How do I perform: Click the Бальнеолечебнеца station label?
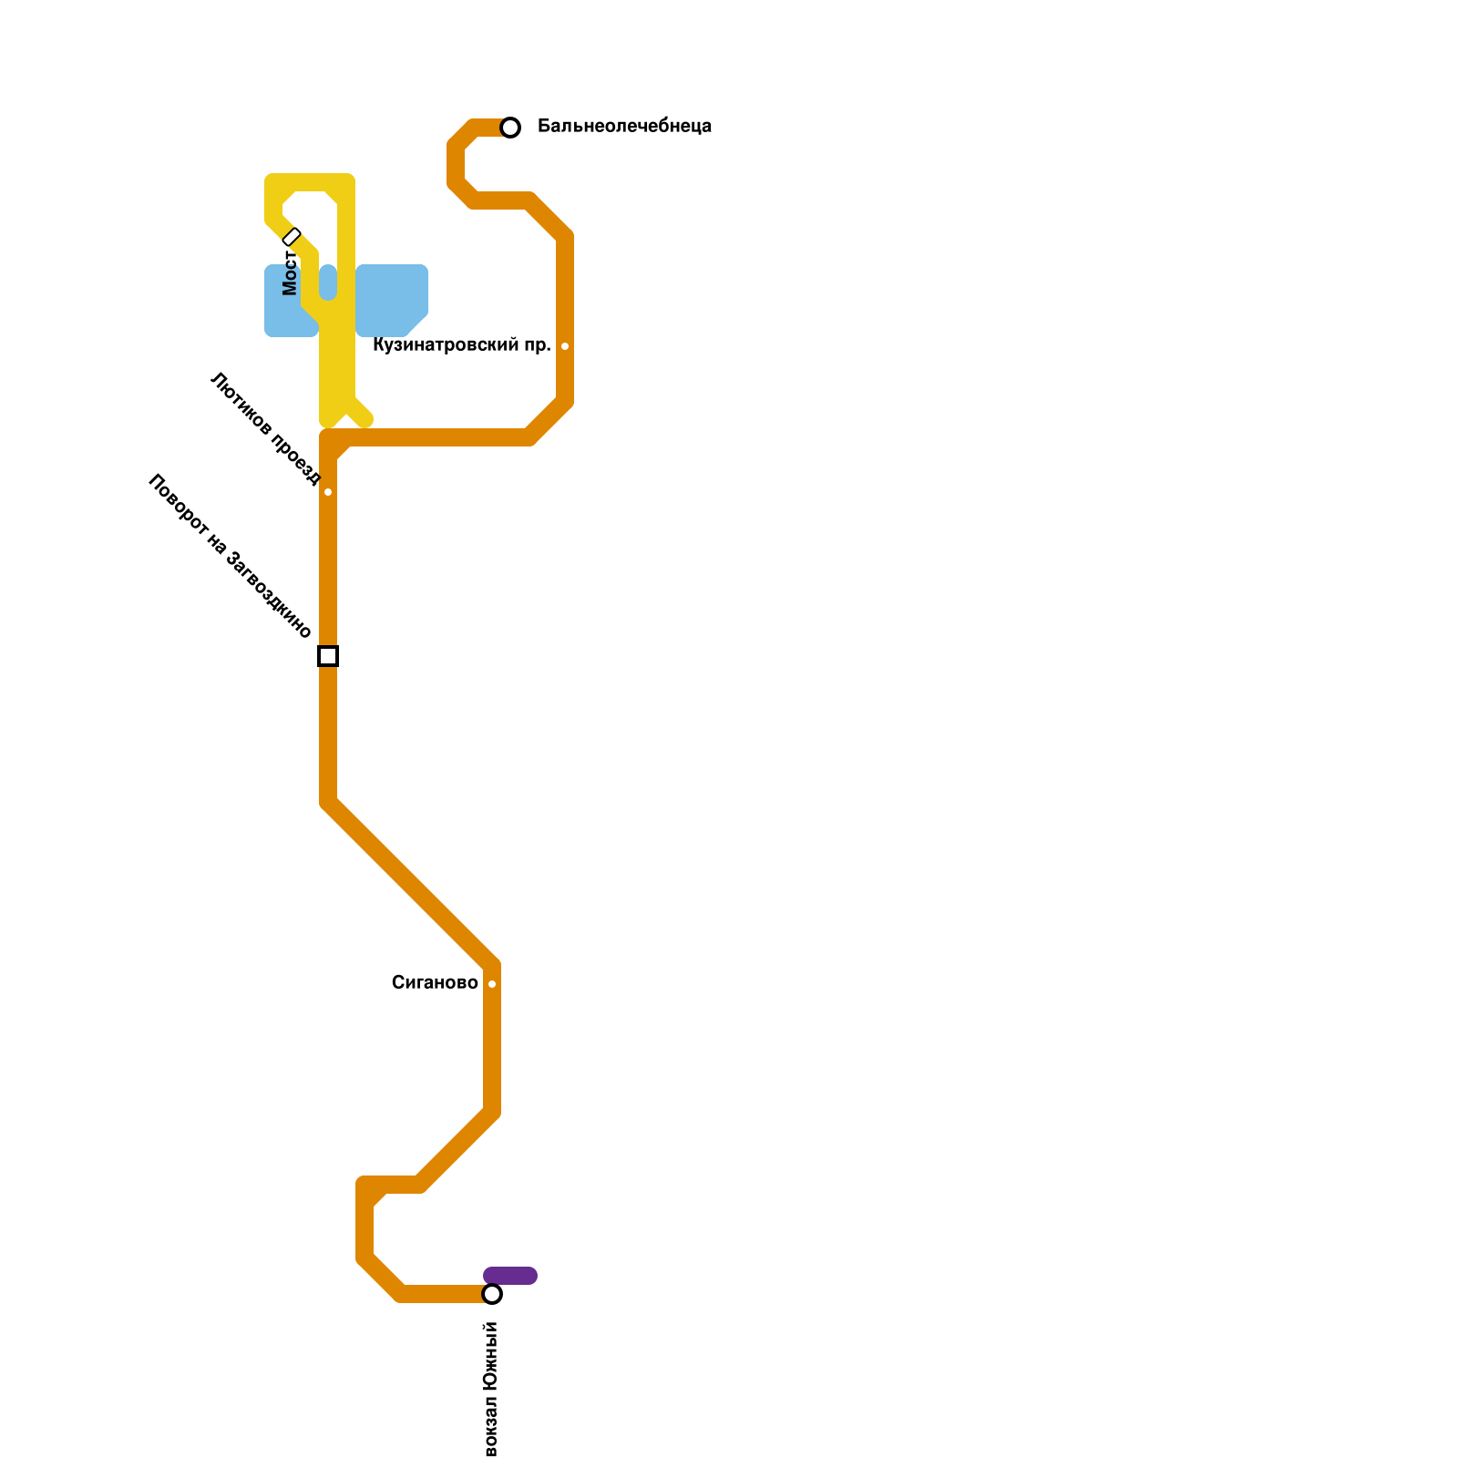click(624, 126)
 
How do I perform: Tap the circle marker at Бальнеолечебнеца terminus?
click(510, 128)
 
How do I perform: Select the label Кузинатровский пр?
click(462, 345)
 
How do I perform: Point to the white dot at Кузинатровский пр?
click(565, 346)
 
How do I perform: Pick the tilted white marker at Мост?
click(292, 237)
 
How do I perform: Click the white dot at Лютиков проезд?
click(328, 492)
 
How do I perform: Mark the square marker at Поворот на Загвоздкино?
click(328, 656)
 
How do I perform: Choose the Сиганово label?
click(435, 982)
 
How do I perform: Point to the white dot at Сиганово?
click(492, 984)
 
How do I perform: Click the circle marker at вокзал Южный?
click(492, 1294)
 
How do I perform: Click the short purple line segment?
click(510, 1276)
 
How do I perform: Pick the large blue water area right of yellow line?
click(392, 299)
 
